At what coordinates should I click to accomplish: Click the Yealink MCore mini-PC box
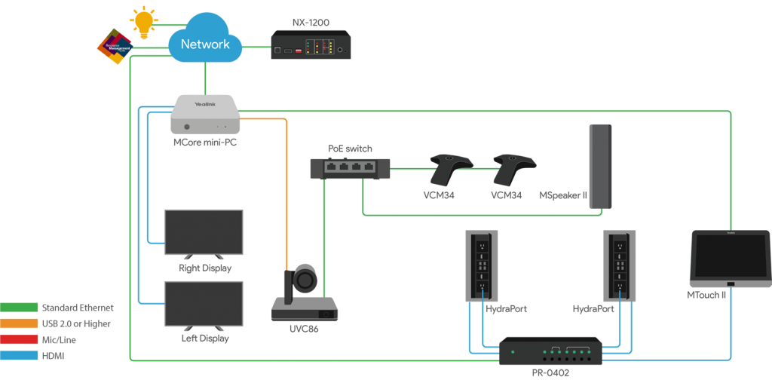point(205,115)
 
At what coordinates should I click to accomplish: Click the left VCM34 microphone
point(450,170)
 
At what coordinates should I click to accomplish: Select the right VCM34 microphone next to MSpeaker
point(513,170)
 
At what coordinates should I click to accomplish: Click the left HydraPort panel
point(480,265)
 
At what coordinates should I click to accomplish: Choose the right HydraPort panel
point(620,265)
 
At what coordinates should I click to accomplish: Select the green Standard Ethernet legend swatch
point(19,308)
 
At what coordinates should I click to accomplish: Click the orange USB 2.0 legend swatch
point(19,323)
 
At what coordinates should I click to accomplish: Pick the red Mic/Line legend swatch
point(19,339)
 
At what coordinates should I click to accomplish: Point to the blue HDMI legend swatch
point(19,355)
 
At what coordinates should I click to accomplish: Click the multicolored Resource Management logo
point(115,46)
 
